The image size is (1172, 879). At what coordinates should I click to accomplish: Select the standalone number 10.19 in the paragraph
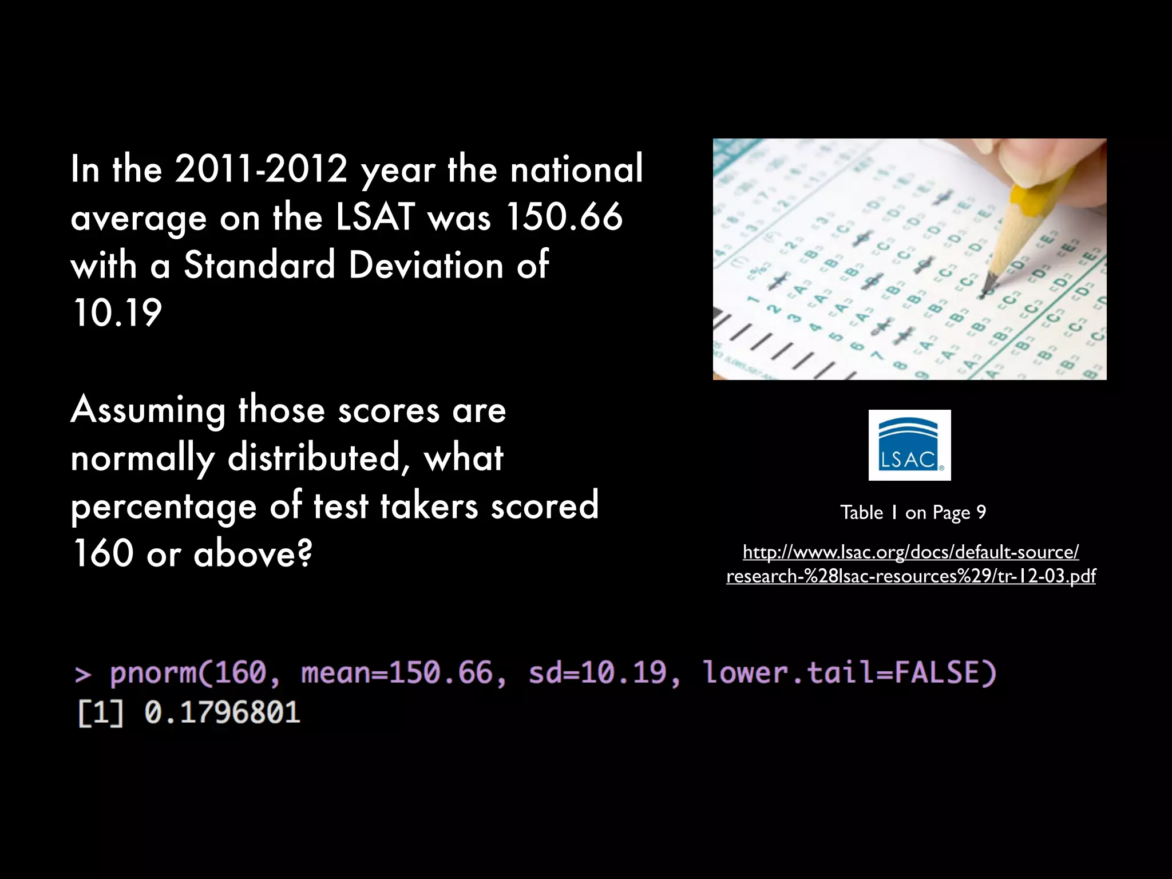[117, 313]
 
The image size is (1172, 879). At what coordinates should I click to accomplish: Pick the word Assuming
[148, 410]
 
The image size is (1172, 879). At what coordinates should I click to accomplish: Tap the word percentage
[164, 507]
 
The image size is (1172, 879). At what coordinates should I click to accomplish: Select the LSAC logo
[909, 445]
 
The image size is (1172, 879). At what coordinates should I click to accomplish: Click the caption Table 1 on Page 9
[913, 512]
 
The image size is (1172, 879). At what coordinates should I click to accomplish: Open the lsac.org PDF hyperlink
[910, 564]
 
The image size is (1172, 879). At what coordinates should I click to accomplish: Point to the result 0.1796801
[222, 713]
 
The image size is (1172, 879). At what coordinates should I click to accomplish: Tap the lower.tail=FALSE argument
[850, 672]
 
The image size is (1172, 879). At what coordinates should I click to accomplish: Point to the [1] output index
[100, 713]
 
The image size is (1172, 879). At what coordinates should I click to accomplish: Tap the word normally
[143, 458]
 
